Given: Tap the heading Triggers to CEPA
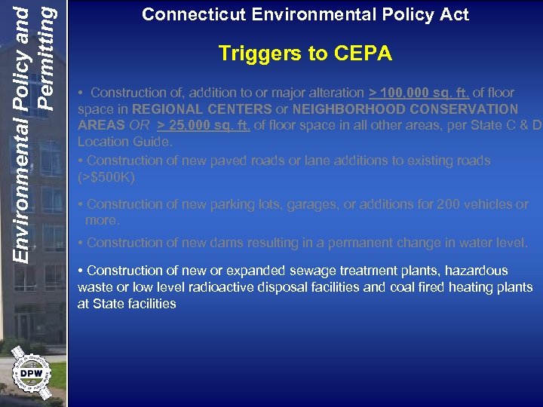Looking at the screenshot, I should [x=305, y=54].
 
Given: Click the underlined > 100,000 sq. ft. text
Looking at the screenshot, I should [x=419, y=93].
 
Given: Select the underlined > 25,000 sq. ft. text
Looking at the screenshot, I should [x=202, y=126].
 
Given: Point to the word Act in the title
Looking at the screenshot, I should [x=456, y=14].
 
